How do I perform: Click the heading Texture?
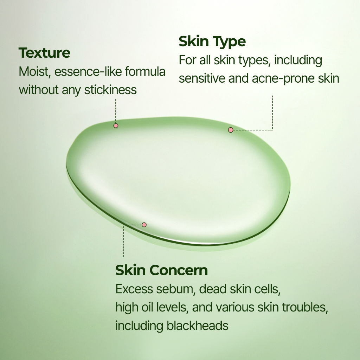(44, 53)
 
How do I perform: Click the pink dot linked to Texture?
(116, 126)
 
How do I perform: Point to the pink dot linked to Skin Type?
(231, 130)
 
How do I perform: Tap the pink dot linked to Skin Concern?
(144, 225)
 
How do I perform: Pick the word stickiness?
(110, 90)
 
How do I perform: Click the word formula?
(145, 72)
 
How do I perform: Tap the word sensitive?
(202, 78)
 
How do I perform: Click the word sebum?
(176, 289)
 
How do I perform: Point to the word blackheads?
(198, 326)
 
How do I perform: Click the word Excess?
(134, 289)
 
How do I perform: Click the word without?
(39, 90)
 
